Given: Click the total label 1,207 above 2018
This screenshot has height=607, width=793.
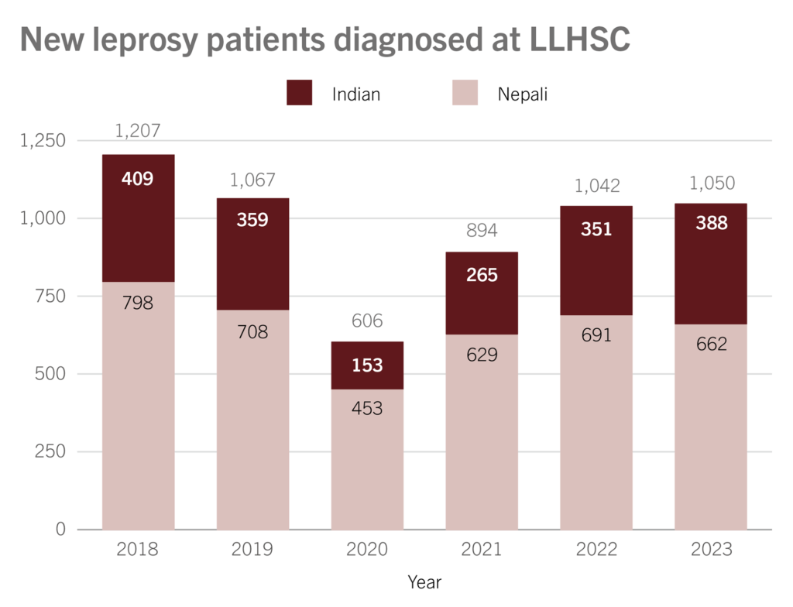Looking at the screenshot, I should [138, 131].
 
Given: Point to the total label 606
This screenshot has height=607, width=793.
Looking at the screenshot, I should [367, 321].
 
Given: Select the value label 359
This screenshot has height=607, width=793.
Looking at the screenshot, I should [252, 220].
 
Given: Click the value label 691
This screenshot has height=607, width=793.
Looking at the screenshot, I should [596, 335].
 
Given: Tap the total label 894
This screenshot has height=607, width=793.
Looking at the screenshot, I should [482, 231].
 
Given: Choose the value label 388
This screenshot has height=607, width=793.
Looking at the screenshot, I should [711, 223].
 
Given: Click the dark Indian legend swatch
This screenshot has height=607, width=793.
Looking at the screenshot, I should [300, 92].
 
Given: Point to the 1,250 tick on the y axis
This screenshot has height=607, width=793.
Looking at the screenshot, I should [44, 141].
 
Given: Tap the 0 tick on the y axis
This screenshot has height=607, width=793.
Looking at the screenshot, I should [60, 530].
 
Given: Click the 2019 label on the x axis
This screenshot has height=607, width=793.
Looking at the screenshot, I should [252, 550].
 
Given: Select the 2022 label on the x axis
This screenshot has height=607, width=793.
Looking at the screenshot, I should [596, 550].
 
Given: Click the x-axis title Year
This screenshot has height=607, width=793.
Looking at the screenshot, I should [424, 581].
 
